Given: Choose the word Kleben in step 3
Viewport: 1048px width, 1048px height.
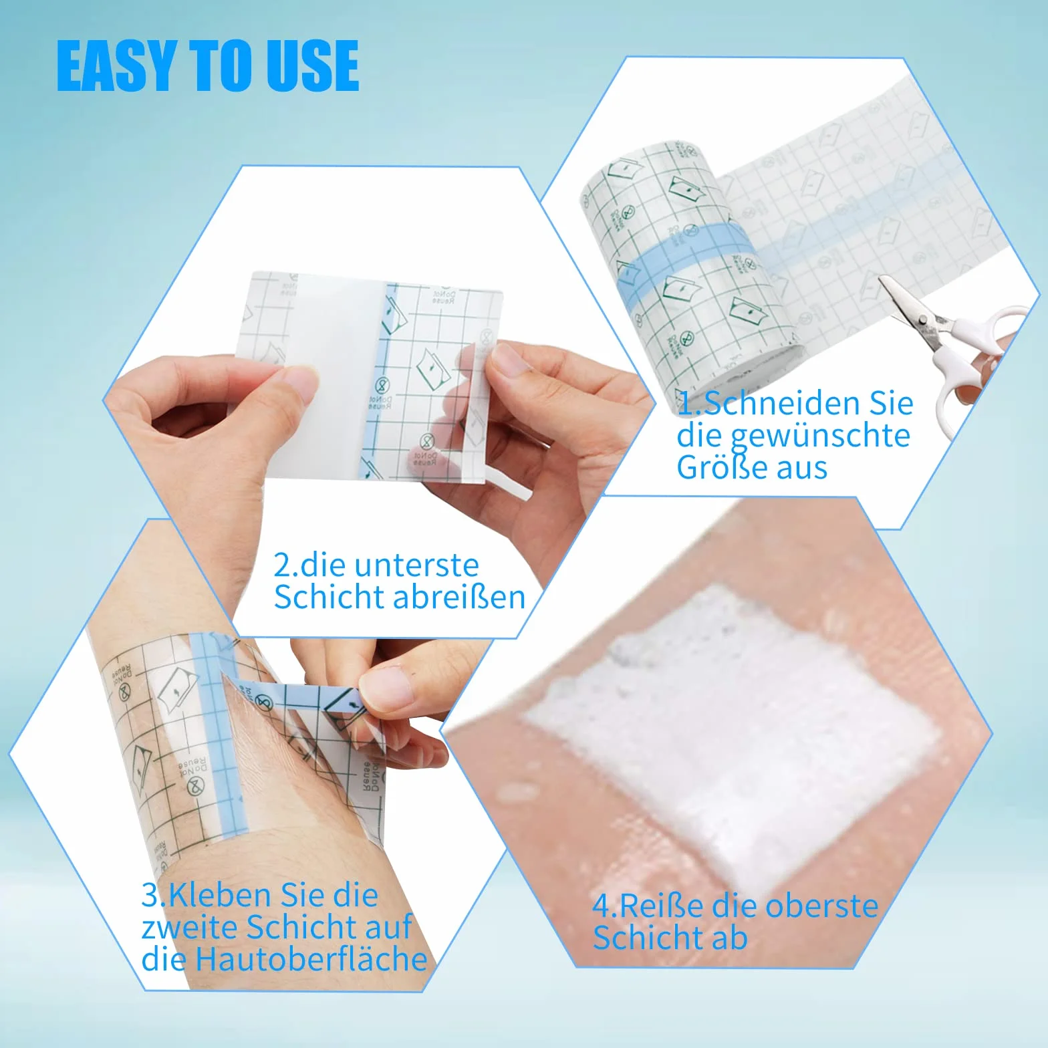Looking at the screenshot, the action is (220, 895).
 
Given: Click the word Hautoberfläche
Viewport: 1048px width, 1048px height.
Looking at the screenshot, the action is (311, 959).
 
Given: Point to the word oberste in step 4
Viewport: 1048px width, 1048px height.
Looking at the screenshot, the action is (821, 906).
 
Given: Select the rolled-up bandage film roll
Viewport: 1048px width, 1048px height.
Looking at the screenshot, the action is (692, 267).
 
